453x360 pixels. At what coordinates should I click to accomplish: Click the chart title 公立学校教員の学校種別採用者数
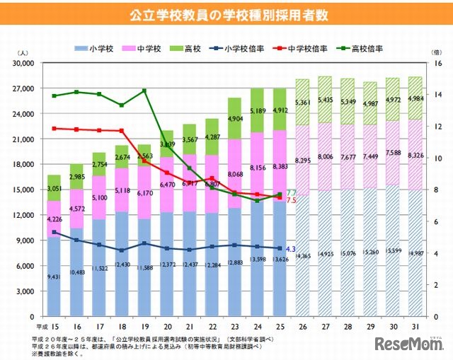click(x=226, y=13)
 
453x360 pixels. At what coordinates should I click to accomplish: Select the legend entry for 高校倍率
click(x=360, y=49)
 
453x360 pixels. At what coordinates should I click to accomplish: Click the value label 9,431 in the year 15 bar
click(x=54, y=278)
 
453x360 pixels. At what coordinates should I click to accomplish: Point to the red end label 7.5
click(x=291, y=201)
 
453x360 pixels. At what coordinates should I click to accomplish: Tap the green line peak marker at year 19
click(x=144, y=91)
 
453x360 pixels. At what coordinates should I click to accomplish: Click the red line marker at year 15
click(x=54, y=129)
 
